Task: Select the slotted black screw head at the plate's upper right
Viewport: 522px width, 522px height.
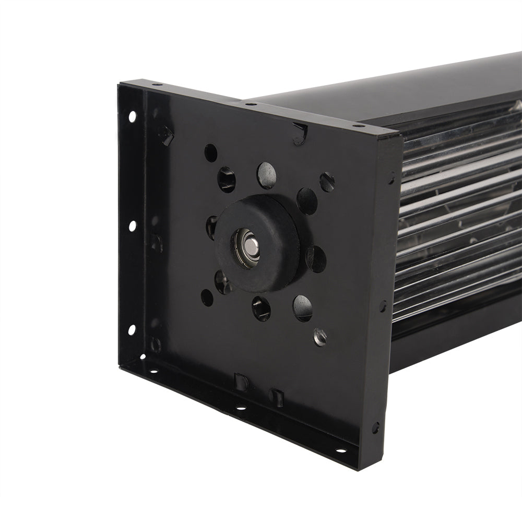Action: tap(327, 182)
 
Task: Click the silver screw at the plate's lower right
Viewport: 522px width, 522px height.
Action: tap(319, 337)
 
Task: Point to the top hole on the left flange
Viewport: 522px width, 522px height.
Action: tap(132, 116)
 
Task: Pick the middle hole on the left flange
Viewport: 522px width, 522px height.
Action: tap(132, 226)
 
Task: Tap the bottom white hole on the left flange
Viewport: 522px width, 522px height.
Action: tap(132, 329)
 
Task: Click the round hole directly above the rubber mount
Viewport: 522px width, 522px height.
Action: tap(266, 175)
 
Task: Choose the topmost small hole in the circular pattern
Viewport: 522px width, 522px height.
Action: tap(210, 152)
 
